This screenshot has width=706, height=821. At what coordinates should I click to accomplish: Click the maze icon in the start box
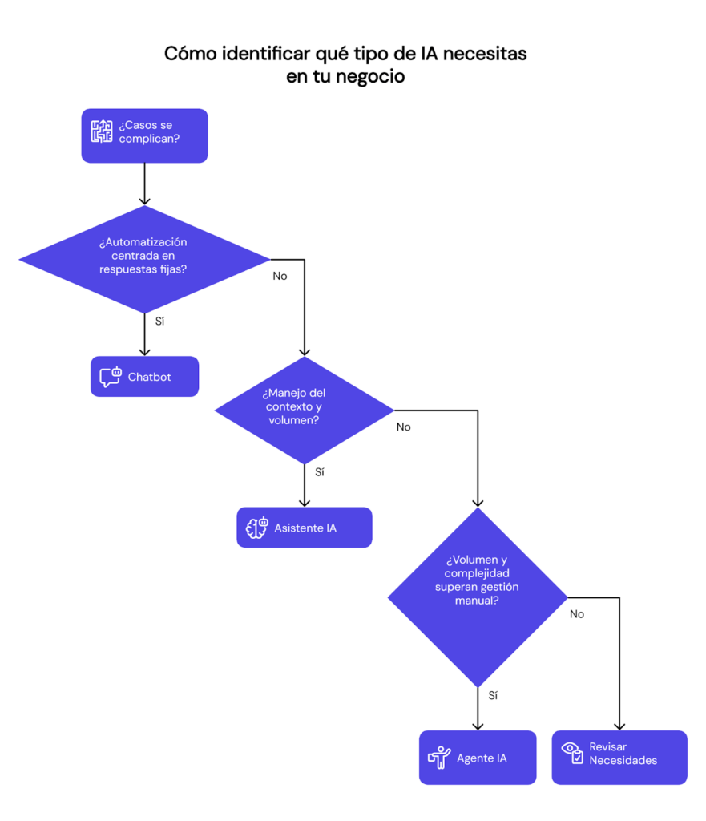coord(102,132)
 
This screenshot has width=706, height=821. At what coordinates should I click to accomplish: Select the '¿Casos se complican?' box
coord(145,135)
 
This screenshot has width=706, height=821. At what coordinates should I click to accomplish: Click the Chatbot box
coord(144,377)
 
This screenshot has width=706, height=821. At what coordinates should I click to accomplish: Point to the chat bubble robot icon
coord(111,377)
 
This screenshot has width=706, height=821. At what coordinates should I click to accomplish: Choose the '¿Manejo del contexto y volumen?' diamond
coord(304,410)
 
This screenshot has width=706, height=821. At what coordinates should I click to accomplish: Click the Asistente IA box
coord(305,528)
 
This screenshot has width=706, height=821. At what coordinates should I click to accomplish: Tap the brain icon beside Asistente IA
coord(256,528)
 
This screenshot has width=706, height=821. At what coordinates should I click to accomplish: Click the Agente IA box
coord(478,758)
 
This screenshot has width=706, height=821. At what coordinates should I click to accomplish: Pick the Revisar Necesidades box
coord(619,758)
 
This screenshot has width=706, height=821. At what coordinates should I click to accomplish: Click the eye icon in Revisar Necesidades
coord(572,752)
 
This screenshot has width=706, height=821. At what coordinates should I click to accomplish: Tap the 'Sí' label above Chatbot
coord(160,321)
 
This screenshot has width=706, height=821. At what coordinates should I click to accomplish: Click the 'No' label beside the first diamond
coord(280,276)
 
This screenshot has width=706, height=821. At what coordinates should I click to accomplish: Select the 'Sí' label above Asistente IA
coord(320,472)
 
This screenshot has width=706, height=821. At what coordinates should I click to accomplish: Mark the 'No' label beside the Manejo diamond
coord(404,427)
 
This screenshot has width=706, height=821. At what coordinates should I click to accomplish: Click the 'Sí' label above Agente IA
coord(493,695)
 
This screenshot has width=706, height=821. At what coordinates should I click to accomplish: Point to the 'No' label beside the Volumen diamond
coord(577,614)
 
